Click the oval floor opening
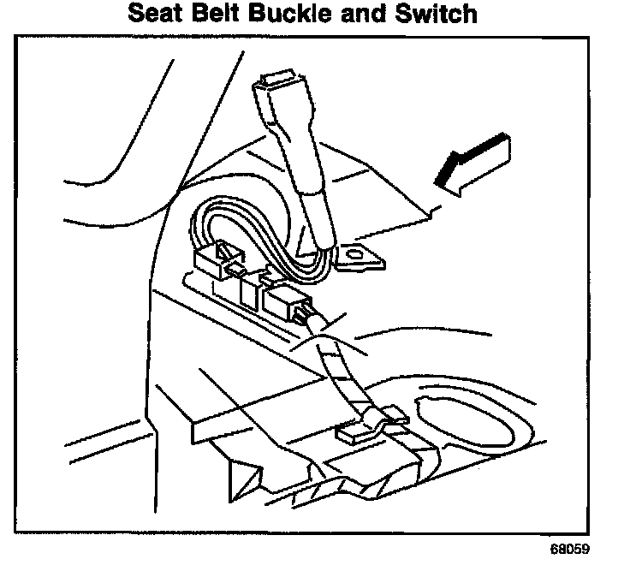467,428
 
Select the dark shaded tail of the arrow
449,172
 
